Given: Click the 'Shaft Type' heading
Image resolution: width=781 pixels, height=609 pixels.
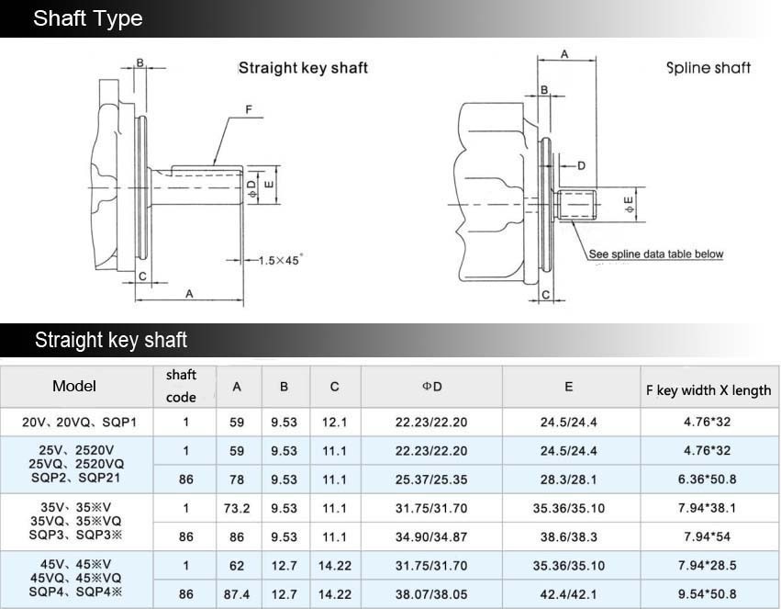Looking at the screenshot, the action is click(88, 18).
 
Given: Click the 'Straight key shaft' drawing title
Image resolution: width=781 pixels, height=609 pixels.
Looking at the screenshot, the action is click(303, 68).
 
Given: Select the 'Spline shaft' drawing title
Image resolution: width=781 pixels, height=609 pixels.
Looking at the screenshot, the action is click(708, 67).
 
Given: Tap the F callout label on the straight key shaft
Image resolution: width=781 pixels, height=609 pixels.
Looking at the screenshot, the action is click(249, 109).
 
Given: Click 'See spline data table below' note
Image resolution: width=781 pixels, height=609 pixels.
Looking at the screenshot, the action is click(656, 254).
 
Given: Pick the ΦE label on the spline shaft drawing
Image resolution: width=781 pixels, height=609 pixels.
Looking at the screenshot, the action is click(630, 205).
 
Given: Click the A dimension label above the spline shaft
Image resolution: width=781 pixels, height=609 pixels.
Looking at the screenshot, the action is click(564, 54).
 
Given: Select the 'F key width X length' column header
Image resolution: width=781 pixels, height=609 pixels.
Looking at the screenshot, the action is click(708, 390).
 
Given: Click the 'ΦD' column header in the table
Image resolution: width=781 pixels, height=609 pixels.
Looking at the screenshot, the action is click(432, 386).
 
